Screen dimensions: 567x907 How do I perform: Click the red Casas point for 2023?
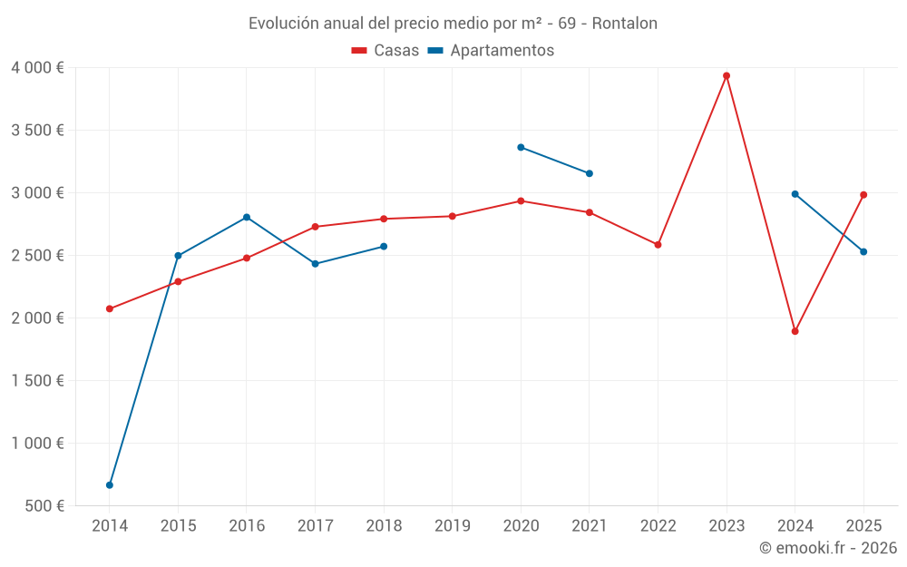click(727, 75)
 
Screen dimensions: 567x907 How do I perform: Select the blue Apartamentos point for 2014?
click(110, 485)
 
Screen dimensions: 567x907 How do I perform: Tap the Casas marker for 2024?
click(795, 331)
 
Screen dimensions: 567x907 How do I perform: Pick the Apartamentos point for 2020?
click(521, 147)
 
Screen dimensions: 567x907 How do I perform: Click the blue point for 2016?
click(247, 217)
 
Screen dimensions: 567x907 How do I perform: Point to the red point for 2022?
click(658, 245)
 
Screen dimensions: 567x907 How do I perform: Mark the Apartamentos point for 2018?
click(384, 246)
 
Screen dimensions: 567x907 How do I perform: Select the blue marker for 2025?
click(863, 251)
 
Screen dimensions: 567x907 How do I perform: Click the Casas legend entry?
click(385, 51)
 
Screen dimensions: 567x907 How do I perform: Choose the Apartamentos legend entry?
click(491, 51)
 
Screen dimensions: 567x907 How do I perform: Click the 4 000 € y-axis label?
click(37, 67)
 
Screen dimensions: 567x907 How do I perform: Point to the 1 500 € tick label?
click(37, 380)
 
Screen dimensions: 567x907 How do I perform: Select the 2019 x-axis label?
click(453, 525)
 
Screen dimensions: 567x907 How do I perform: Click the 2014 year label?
click(110, 525)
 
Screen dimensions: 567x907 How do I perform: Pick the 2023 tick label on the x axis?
click(727, 525)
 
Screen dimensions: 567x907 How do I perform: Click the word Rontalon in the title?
click(625, 23)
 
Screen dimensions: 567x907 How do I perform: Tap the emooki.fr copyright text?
click(828, 548)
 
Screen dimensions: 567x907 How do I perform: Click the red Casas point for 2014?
click(110, 308)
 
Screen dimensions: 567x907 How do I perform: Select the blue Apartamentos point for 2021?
click(590, 173)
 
